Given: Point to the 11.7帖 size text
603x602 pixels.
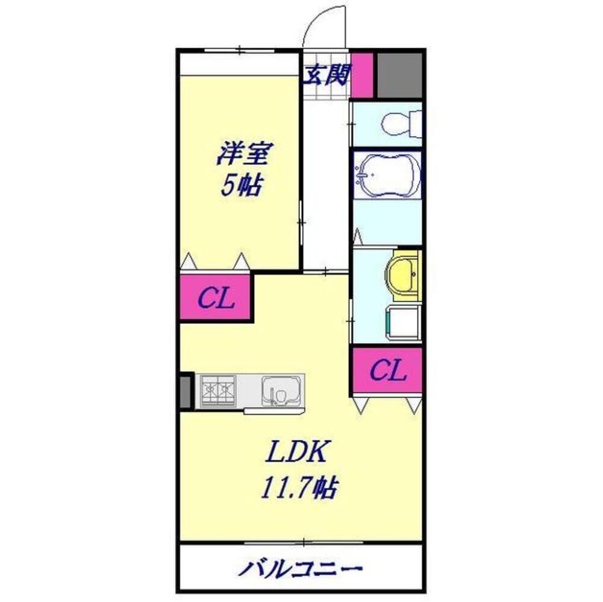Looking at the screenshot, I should click(x=298, y=488).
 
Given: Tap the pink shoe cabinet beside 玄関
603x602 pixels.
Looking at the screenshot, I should click(x=363, y=75).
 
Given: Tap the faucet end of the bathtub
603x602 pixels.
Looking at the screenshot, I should click(x=362, y=175).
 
